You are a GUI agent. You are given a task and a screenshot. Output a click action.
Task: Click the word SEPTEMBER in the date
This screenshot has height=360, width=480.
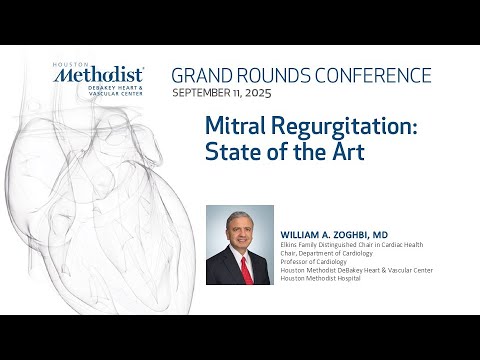206,92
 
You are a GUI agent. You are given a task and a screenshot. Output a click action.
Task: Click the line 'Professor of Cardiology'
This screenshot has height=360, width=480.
318,258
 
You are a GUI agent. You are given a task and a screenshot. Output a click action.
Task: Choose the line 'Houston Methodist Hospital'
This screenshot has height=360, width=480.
326,277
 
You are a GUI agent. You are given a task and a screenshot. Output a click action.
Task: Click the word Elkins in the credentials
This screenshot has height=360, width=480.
290,239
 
